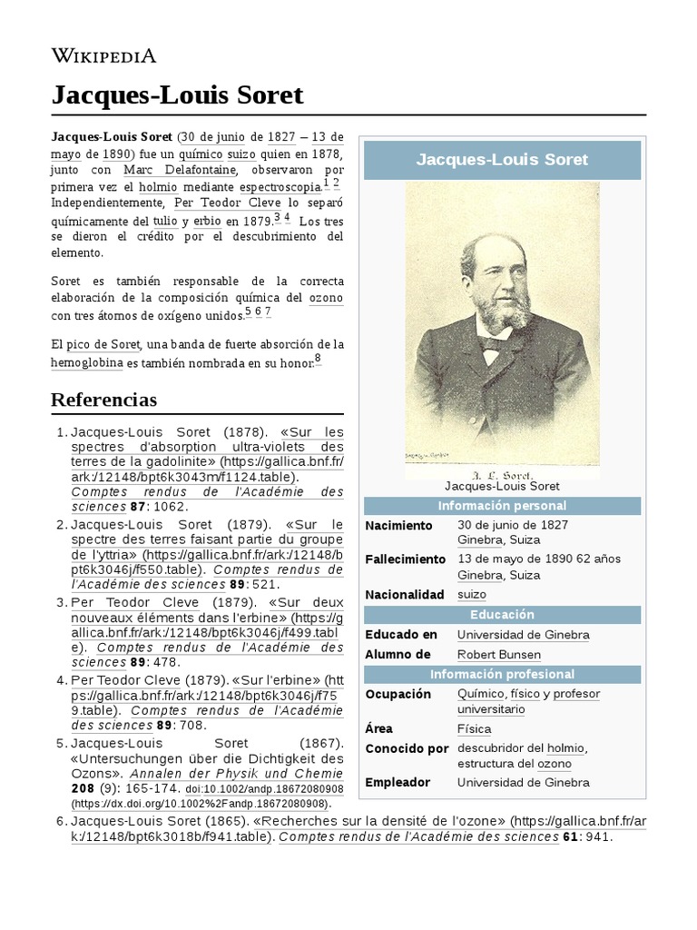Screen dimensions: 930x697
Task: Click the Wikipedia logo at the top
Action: (x=103, y=56)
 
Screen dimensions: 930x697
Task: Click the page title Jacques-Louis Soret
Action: (x=177, y=95)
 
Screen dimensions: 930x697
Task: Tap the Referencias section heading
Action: (x=103, y=400)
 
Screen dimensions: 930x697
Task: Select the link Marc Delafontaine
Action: (x=180, y=170)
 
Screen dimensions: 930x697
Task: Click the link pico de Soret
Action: (x=103, y=344)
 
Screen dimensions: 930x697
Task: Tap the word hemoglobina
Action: (x=87, y=362)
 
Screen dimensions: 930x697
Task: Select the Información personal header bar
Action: (x=502, y=506)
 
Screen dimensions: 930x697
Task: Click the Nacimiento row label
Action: (x=398, y=525)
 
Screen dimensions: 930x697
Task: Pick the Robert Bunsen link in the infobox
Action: (x=498, y=654)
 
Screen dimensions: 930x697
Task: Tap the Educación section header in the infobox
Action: (x=502, y=615)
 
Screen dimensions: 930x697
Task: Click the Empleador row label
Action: (x=398, y=782)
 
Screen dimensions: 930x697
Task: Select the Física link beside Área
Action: (x=474, y=728)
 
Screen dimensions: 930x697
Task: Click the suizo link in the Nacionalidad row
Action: (x=471, y=594)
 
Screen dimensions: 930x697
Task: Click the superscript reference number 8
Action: (x=318, y=360)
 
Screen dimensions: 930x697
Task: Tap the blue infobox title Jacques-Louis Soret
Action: (x=502, y=160)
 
